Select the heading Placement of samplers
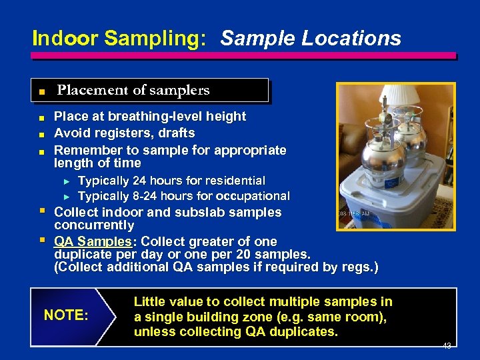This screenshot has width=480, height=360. point(133,90)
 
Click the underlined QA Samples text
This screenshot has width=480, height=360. point(92,241)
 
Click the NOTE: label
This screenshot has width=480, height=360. point(65,315)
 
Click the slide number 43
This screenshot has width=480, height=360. point(448,346)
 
